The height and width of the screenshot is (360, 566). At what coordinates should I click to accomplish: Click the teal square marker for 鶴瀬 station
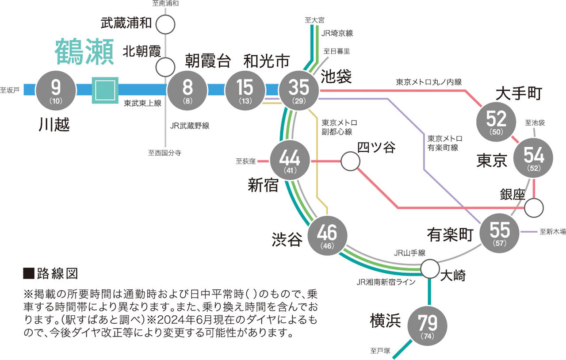click(105, 90)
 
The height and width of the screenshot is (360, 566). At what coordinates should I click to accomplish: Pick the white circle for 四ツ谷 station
click(350, 162)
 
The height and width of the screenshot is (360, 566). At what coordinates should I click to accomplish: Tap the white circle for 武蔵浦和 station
click(165, 24)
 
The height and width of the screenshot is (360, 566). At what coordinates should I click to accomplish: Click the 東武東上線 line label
click(142, 103)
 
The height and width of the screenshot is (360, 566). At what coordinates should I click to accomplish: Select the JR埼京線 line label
click(337, 33)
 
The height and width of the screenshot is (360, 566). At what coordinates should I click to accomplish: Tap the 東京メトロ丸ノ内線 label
click(428, 82)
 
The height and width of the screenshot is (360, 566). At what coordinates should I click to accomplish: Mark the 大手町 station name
click(518, 94)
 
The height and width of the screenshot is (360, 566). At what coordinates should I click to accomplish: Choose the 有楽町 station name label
click(450, 235)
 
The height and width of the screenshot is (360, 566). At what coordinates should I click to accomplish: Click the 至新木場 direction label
click(552, 232)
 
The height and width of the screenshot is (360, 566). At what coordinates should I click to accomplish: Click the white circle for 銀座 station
click(534, 207)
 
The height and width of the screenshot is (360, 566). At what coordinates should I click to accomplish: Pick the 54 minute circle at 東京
click(534, 157)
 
